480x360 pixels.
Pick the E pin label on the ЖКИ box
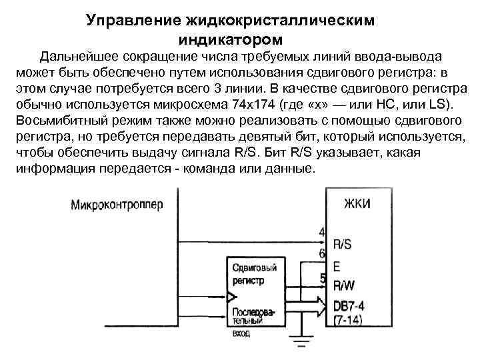pyautogui.click(x=336, y=265)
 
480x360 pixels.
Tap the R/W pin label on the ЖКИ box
pyautogui.click(x=343, y=285)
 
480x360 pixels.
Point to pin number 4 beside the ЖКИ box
pyautogui.click(x=322, y=232)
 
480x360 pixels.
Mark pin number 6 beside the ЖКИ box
pyautogui.click(x=322, y=253)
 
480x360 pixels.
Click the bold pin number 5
pyautogui.click(x=323, y=279)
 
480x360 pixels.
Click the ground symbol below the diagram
pyautogui.click(x=301, y=345)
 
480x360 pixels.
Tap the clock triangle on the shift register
pyautogui.click(x=231, y=296)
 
